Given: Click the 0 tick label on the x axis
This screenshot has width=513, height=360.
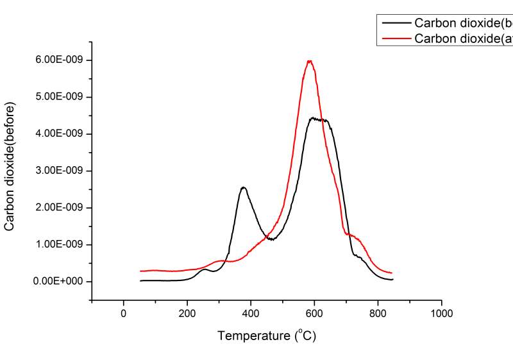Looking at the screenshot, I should click(x=123, y=313).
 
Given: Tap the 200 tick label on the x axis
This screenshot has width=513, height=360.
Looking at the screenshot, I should click(x=187, y=313).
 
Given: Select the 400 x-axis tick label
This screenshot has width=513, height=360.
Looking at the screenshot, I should click(x=251, y=313).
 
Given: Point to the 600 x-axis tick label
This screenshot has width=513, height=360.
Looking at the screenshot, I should click(x=314, y=313).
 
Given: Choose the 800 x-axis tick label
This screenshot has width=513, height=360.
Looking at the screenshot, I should click(x=378, y=313).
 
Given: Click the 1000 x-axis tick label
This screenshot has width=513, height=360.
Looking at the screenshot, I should click(x=441, y=313).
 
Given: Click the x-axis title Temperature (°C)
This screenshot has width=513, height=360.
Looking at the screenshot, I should click(x=267, y=335).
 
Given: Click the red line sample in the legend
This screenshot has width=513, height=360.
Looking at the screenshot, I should click(x=396, y=39).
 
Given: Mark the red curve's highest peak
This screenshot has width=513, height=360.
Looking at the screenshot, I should click(x=310, y=61).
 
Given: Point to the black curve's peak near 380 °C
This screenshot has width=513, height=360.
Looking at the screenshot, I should click(x=243, y=187).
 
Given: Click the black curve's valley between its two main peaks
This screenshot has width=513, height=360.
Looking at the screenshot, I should click(x=273, y=239).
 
